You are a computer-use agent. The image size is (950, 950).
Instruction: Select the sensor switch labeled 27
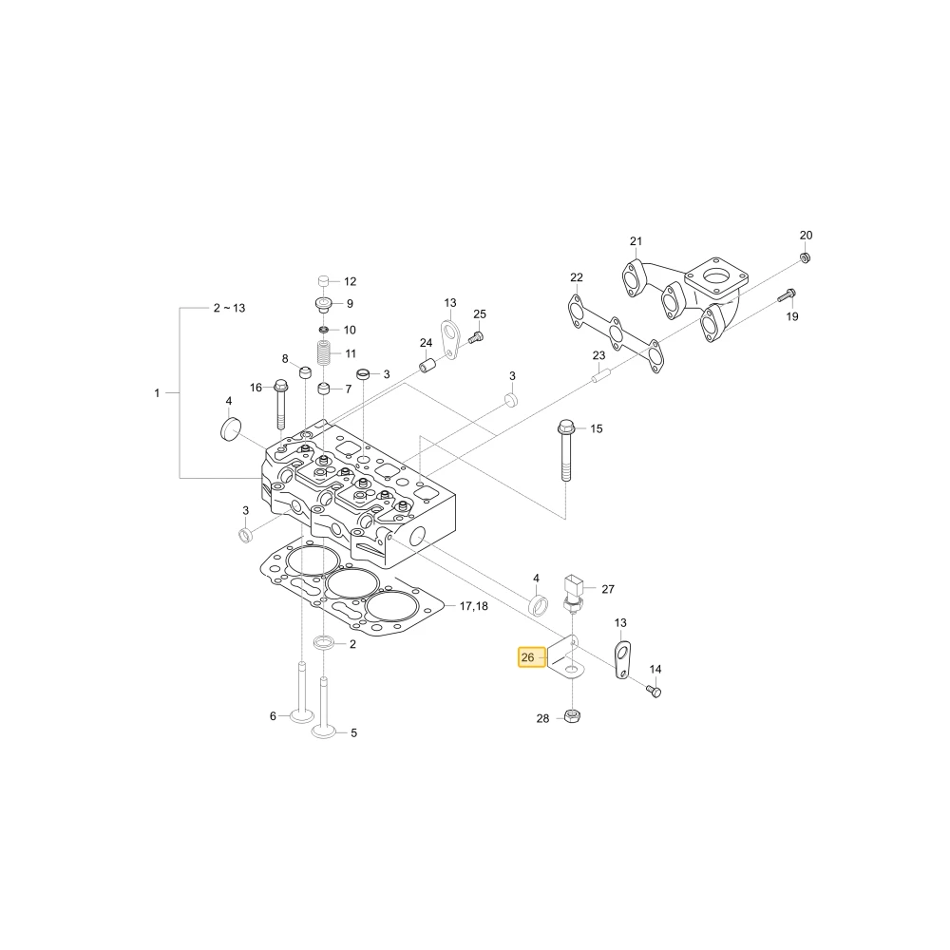click(x=573, y=592)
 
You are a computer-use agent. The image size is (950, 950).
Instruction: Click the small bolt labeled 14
click(x=654, y=691)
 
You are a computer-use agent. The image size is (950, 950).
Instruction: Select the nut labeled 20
click(x=806, y=257)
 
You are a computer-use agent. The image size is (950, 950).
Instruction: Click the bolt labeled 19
click(x=787, y=295)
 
